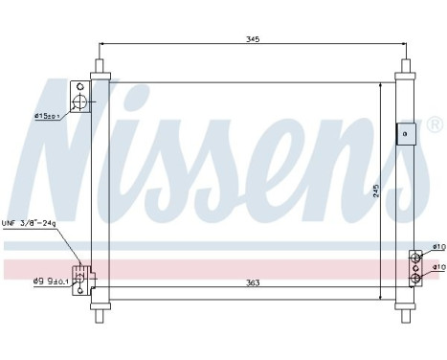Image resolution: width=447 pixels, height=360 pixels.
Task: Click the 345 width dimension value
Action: pos(253,39)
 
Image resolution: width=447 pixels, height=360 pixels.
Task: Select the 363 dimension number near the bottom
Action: pos(253,282)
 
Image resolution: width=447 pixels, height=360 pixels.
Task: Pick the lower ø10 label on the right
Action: pos(438,267)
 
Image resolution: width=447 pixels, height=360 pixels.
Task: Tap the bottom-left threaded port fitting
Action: pos(84,277)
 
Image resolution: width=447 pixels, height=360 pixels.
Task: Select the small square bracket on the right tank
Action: pos(406,135)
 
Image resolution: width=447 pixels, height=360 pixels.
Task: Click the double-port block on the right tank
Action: pos(415,267)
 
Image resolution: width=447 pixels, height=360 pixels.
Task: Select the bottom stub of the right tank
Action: pos(406,310)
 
